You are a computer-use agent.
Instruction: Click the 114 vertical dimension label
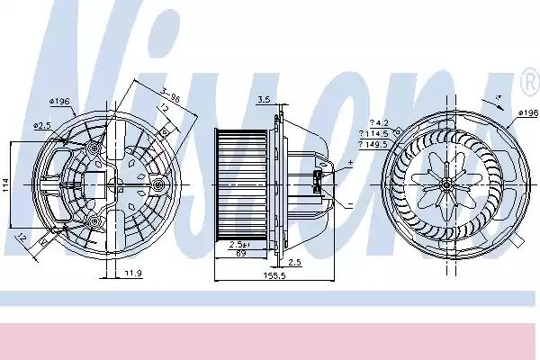point(7,184)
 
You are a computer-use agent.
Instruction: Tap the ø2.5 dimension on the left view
point(41,125)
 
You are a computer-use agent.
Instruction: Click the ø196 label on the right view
point(526,112)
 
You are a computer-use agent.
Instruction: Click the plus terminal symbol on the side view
point(350,162)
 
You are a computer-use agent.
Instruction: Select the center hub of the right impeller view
point(447,184)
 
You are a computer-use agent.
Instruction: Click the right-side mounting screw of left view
point(158,184)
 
